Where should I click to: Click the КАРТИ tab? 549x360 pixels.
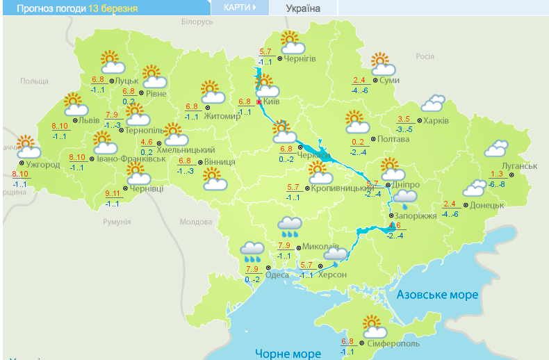239,8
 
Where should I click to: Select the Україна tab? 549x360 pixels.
303,8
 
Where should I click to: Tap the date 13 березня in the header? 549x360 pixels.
113,8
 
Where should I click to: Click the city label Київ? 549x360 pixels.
272,101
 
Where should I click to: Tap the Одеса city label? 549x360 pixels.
277,275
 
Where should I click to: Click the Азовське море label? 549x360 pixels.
437,295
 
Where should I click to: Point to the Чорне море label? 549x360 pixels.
287,353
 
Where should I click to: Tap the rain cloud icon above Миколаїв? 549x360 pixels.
290,227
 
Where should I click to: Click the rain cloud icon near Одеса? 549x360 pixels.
252,251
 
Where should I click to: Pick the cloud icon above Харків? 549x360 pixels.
433,104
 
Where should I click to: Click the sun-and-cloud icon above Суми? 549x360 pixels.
382,64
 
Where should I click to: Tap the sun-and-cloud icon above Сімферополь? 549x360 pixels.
374,325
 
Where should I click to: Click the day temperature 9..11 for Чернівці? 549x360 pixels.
112,193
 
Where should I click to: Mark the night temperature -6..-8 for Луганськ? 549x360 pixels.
497,184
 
